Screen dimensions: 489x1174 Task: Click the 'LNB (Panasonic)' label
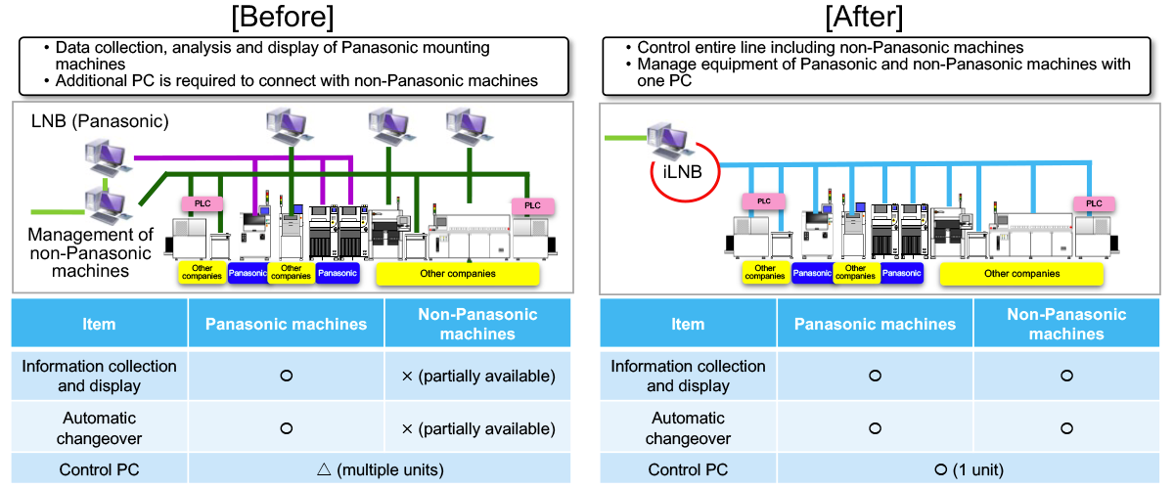(x=100, y=122)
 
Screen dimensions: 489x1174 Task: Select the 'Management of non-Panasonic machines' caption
(x=90, y=252)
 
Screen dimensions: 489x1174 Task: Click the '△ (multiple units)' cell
(x=379, y=469)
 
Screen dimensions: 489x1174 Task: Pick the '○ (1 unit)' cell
(x=968, y=469)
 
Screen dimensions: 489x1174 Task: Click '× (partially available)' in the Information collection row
(x=477, y=376)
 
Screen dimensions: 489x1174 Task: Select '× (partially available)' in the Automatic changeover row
(x=477, y=428)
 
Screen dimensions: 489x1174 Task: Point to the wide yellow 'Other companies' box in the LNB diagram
(x=458, y=273)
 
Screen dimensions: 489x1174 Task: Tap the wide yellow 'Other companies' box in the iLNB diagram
(x=1021, y=274)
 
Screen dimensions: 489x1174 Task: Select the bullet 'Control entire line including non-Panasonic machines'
(x=830, y=47)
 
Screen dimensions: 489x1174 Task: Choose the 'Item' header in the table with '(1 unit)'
(x=687, y=324)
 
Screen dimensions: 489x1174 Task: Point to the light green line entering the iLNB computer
(x=625, y=138)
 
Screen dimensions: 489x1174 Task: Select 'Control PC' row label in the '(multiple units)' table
(x=99, y=469)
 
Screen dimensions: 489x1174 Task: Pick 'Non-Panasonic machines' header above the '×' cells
(x=477, y=324)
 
